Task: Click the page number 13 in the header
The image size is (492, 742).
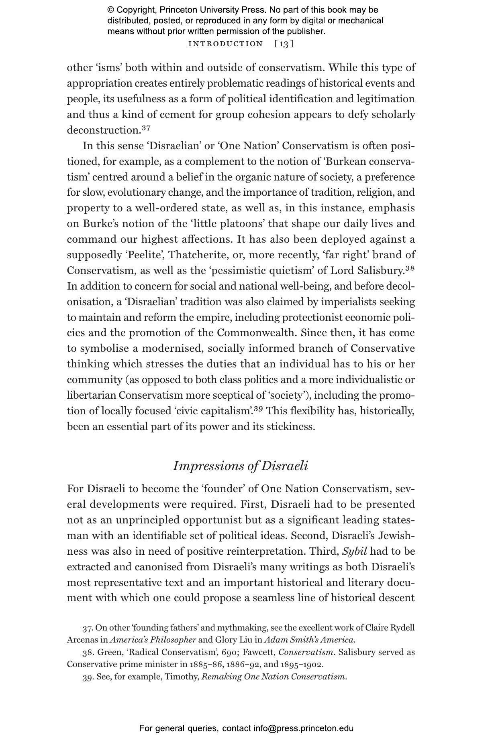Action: (284, 44)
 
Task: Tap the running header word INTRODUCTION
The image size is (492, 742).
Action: (225, 44)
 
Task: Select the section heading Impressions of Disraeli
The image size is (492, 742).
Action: (240, 466)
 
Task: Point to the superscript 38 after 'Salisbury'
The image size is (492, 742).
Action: (410, 268)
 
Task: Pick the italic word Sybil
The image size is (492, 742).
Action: (355, 551)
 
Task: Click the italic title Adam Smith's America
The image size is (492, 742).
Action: (309, 639)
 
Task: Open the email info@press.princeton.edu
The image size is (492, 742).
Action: (303, 728)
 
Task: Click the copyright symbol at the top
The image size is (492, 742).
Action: (111, 10)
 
